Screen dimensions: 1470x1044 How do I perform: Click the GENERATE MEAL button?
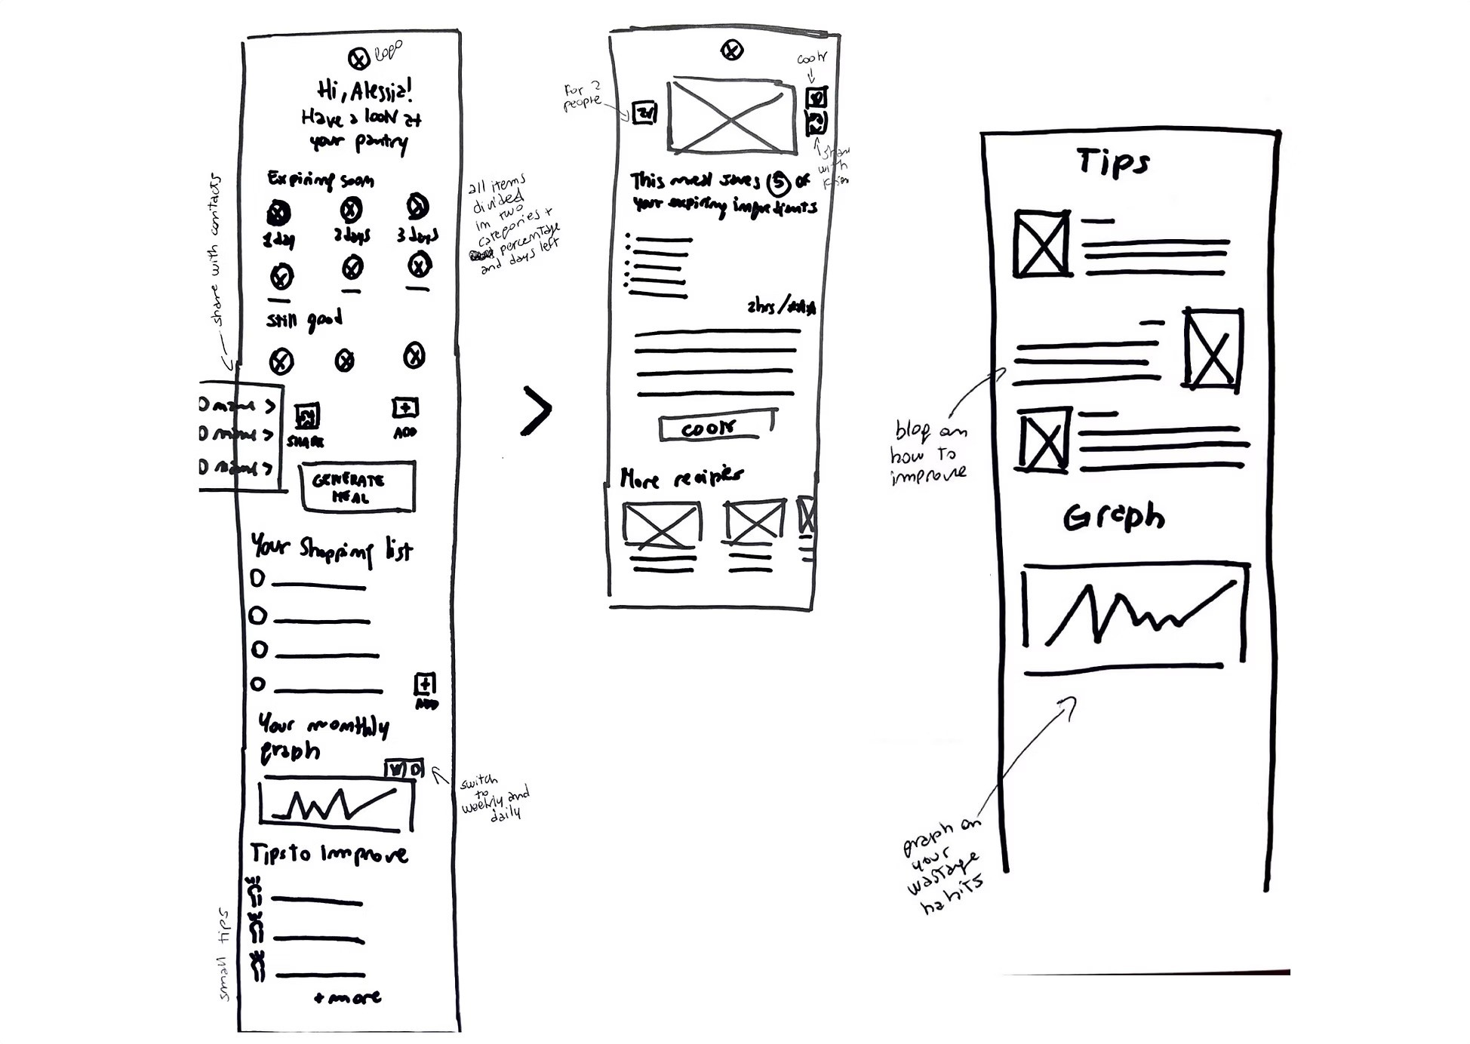[x=357, y=487]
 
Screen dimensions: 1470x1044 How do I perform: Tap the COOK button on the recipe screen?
[x=718, y=428]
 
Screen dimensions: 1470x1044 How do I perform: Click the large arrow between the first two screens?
[x=537, y=411]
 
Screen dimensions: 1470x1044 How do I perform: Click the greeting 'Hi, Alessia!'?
[x=364, y=91]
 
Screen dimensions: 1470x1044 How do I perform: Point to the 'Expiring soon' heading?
[x=320, y=180]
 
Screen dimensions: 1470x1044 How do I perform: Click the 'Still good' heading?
[x=304, y=320]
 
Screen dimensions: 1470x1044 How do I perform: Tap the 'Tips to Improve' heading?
[x=329, y=854]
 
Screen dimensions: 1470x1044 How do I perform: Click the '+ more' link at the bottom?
[x=348, y=997]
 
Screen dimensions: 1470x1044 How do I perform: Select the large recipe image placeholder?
[x=730, y=115]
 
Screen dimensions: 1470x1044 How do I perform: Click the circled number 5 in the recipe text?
[x=778, y=183]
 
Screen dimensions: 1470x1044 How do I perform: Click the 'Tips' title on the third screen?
[x=1113, y=162]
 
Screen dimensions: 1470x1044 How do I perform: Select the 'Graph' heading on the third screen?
[x=1114, y=517]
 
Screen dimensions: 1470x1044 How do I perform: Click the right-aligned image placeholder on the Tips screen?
[x=1212, y=349]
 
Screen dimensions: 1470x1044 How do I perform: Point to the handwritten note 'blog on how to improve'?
[x=928, y=453]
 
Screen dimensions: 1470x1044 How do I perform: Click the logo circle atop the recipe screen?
[x=731, y=51]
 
